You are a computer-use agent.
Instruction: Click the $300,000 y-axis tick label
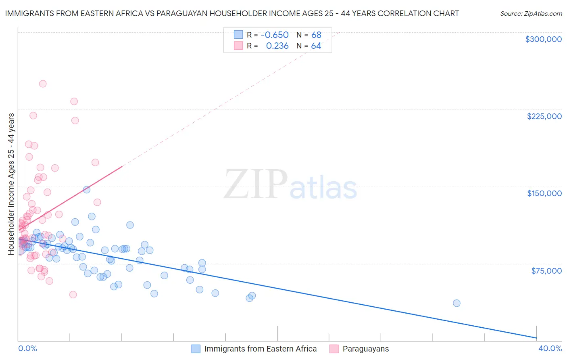[x=543, y=39]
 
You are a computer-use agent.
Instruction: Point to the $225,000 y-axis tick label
[x=544, y=116]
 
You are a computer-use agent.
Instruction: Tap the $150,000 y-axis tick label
[x=544, y=193]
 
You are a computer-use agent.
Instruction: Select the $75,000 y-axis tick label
[x=546, y=271]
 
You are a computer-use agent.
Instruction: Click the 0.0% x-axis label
[x=27, y=348]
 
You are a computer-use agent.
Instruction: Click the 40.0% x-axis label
[x=550, y=348]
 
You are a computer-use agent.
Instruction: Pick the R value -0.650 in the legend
[x=275, y=35]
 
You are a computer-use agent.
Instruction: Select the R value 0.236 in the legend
[x=277, y=46]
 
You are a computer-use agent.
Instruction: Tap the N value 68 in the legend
[x=316, y=35]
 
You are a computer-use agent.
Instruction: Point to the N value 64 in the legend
[x=316, y=46]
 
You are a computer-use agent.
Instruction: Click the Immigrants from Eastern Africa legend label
[x=260, y=349]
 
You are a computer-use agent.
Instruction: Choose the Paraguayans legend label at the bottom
[x=365, y=349]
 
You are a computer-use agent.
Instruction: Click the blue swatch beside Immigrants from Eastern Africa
[x=196, y=349]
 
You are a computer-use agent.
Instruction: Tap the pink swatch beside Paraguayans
[x=334, y=349]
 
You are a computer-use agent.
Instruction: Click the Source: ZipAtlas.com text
[x=531, y=14]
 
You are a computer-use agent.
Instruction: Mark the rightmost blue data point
[x=457, y=303]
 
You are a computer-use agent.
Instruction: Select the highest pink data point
[x=43, y=84]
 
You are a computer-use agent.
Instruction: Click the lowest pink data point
[x=73, y=295]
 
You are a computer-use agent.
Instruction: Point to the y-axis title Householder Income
[x=11, y=184]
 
